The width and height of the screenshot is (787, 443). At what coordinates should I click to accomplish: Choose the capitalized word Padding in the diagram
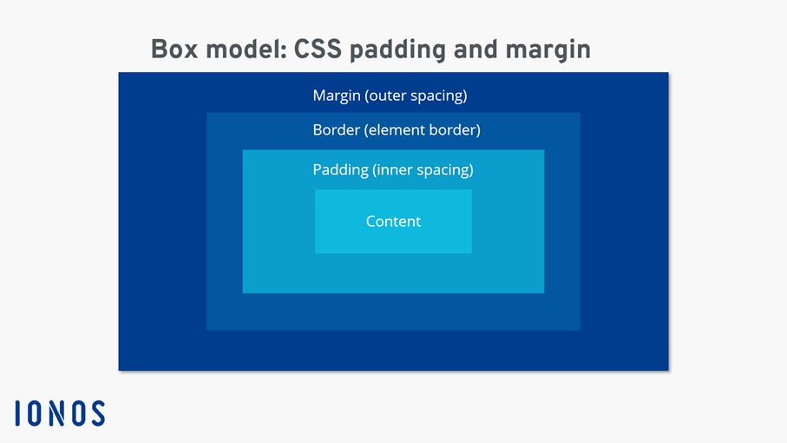(340, 170)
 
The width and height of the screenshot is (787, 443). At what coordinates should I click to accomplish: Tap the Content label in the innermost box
(393, 221)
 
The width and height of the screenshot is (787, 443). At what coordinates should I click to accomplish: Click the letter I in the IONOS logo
(18, 413)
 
